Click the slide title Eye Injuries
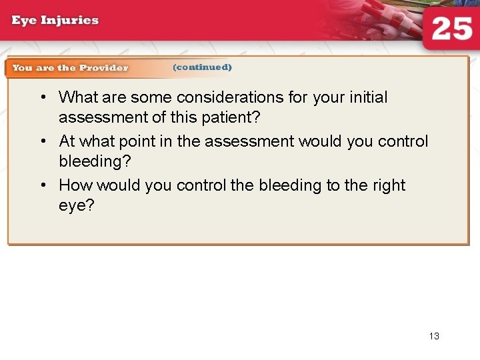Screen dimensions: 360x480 tap(55, 20)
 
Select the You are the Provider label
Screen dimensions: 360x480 tap(70, 67)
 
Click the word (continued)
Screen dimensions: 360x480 tap(202, 67)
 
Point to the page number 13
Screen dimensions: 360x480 tap(434, 336)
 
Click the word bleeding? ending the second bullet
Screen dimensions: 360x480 tap(93, 162)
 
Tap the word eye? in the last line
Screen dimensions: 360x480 tap(77, 206)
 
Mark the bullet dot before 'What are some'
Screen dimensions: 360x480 tap(42, 97)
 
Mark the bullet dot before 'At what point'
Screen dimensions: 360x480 tap(42, 141)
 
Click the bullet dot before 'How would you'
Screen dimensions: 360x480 tap(42, 185)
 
